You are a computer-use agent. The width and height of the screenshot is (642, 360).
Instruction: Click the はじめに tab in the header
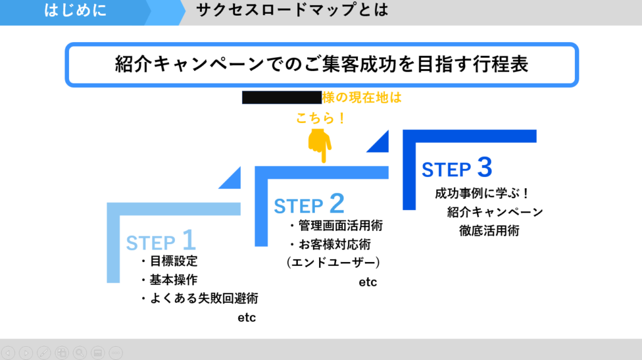tap(75, 11)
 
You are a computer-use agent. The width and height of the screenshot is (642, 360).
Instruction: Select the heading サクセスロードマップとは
tap(292, 11)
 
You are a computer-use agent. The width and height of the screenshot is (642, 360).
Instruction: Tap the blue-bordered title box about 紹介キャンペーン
tap(321, 65)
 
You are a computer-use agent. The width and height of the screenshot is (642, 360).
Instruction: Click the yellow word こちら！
tap(320, 118)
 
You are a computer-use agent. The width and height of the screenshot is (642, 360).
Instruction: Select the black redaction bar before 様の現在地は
tap(282, 97)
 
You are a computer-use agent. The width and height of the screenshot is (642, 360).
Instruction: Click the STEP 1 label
tap(161, 241)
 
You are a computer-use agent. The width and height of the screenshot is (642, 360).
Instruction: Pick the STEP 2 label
tap(309, 204)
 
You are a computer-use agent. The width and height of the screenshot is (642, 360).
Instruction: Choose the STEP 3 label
tap(456, 168)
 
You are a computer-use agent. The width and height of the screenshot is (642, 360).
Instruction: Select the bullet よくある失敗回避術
tap(199, 298)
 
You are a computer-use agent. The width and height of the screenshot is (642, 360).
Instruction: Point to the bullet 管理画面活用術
tap(335, 225)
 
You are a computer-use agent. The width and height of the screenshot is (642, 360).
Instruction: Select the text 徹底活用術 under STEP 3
tap(489, 230)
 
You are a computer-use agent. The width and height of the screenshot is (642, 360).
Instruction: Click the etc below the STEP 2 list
tap(368, 282)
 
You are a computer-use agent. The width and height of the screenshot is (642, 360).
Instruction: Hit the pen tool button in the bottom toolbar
tap(44, 352)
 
